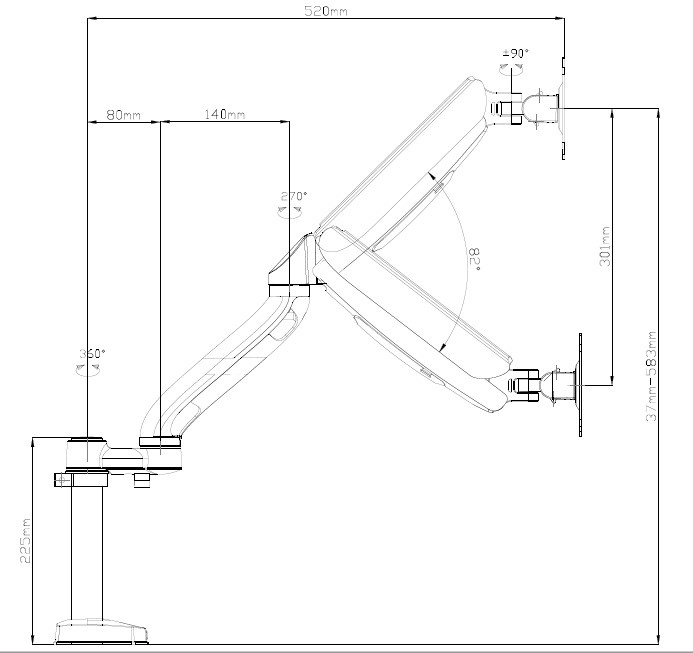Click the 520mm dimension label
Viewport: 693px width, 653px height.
tap(325, 11)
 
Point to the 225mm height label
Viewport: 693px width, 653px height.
tap(26, 540)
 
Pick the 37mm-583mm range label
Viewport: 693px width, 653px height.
tap(650, 376)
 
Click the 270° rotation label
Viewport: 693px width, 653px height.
tap(293, 196)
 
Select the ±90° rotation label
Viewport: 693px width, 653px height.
tap(515, 53)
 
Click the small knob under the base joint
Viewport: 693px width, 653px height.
tap(142, 480)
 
